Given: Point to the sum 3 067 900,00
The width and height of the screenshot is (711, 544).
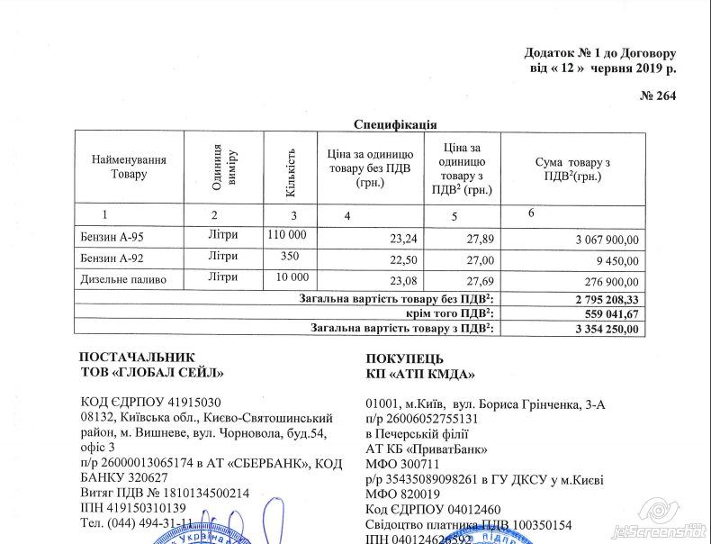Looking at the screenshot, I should tap(607, 240).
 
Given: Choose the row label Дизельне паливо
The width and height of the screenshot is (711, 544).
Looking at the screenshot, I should tap(123, 280).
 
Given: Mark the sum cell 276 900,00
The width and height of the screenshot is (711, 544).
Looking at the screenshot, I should tap(611, 282).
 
